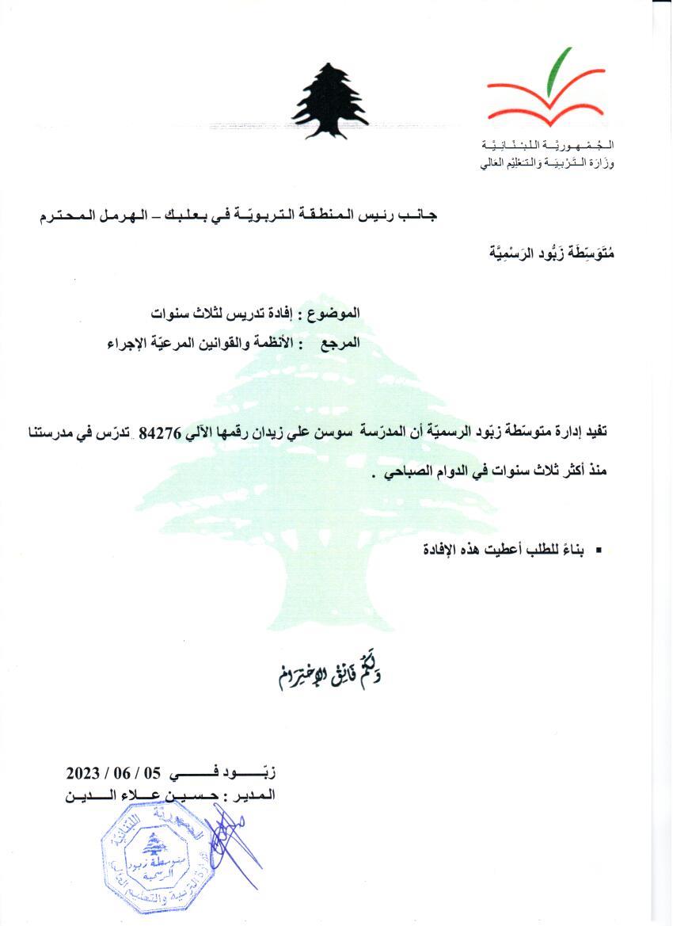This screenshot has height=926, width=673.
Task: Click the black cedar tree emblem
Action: point(330,102)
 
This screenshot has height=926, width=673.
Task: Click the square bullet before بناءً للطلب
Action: point(599,550)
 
